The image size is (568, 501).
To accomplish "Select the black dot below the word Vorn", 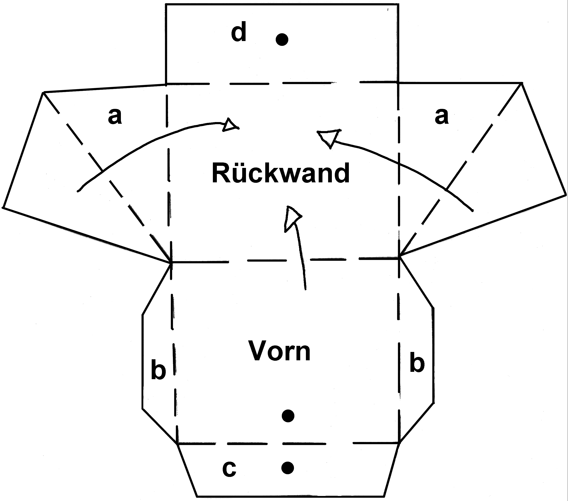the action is [288, 416].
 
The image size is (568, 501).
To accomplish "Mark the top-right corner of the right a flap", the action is [522, 83].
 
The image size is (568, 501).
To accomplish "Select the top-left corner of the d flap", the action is [166, 4].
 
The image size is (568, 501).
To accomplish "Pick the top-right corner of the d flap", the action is [399, 4].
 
